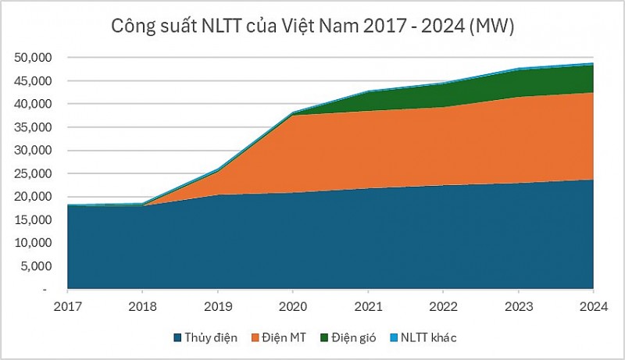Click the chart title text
pyautogui.click(x=312, y=27)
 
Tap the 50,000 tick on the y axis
pyautogui.click(x=33, y=58)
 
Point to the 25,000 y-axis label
pyautogui.click(x=33, y=173)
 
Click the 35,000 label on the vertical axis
pyautogui.click(x=33, y=127)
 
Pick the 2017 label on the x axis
pyautogui.click(x=67, y=305)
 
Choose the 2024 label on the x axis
pyautogui.click(x=593, y=305)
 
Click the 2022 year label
pyautogui.click(x=443, y=305)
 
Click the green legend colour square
pyautogui.click(x=323, y=337)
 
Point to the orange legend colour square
pyautogui.click(x=254, y=337)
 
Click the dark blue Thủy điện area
pyautogui.click(x=312, y=242)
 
